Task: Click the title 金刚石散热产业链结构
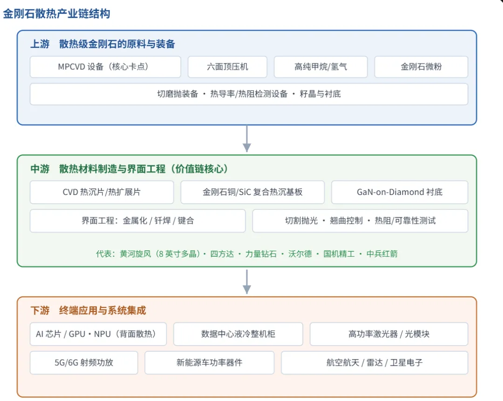[x=56, y=14]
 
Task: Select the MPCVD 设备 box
[x=106, y=67]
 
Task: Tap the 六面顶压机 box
[x=227, y=67]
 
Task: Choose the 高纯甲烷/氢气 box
[x=320, y=67]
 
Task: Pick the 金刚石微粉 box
[x=421, y=67]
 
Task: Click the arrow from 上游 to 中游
[x=247, y=139]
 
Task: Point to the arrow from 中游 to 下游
[x=247, y=281]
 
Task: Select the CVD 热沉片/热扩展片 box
[x=102, y=192]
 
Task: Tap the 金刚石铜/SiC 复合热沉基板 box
[x=252, y=192]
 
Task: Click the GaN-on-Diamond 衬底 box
[x=400, y=192]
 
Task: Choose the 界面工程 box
[x=137, y=221]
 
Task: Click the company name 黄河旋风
[x=136, y=254]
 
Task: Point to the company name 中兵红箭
[x=382, y=254]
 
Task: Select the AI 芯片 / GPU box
[x=98, y=334]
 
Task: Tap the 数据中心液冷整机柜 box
[x=238, y=334]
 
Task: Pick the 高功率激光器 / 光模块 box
[x=389, y=334]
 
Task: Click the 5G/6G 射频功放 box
[x=84, y=362]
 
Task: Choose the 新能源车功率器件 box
[x=210, y=362]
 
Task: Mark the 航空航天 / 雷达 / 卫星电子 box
[x=374, y=362]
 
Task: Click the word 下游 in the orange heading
[x=40, y=310]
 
